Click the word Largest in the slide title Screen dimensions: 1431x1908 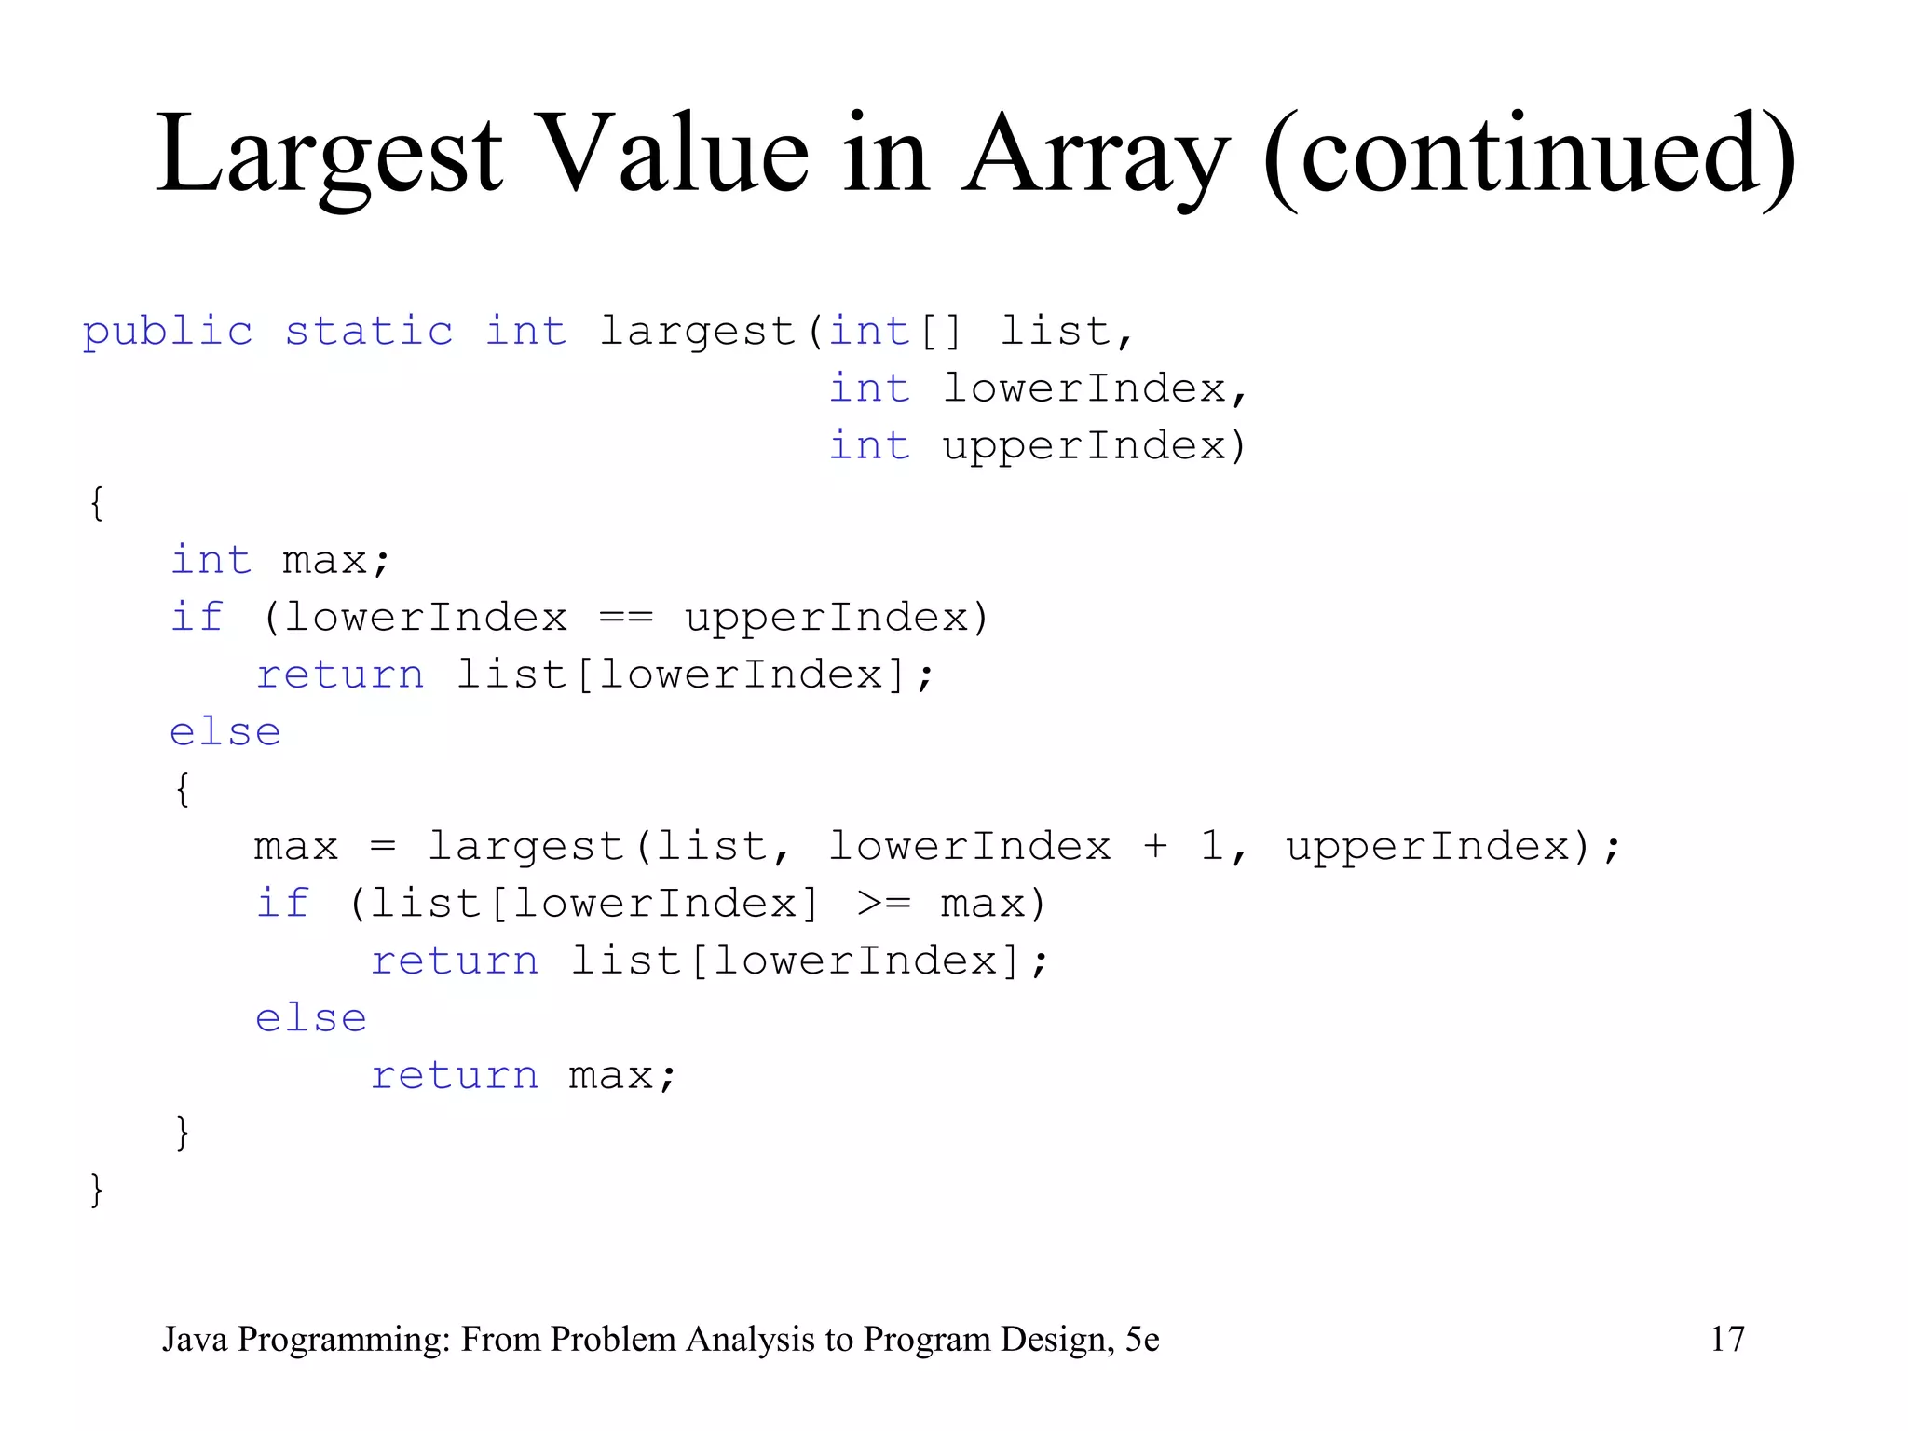point(329,154)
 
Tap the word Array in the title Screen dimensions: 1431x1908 point(1096,154)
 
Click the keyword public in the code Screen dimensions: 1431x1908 point(168,332)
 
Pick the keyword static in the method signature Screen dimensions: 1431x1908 point(369,332)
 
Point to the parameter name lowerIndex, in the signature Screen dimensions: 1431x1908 point(1094,388)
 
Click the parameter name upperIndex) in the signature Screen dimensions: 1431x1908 point(1094,446)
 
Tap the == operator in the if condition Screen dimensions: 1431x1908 point(626,618)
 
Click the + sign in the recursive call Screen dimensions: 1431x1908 point(1155,846)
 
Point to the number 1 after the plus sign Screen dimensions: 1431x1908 point(1212,846)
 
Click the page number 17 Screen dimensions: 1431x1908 point(1726,1339)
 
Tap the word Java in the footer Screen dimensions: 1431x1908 point(195,1339)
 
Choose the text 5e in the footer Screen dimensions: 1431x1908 point(1142,1339)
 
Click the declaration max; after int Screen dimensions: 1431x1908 point(335,561)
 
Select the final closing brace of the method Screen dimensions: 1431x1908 point(96,1190)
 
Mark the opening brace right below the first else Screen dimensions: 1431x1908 point(183,789)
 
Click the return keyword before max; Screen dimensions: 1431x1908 point(455,1076)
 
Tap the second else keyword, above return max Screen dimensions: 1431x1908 point(311,1018)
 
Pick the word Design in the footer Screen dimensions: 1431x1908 point(1057,1339)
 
